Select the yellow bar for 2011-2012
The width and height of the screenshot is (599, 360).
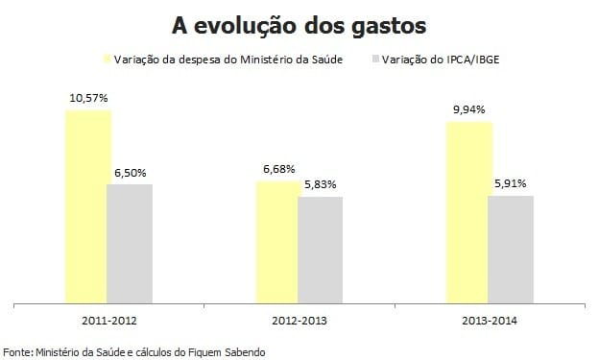(87, 206)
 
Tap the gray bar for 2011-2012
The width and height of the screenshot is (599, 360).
(130, 244)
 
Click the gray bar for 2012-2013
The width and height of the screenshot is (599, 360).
(320, 250)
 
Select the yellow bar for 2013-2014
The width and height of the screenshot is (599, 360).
(468, 212)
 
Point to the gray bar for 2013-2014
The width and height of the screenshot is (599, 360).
(511, 249)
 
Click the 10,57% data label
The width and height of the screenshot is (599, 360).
(87, 98)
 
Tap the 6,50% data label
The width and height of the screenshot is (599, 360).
(130, 172)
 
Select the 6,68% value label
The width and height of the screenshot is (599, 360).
(277, 169)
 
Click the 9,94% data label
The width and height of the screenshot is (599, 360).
(468, 109)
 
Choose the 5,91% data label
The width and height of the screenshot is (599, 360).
(511, 182)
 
